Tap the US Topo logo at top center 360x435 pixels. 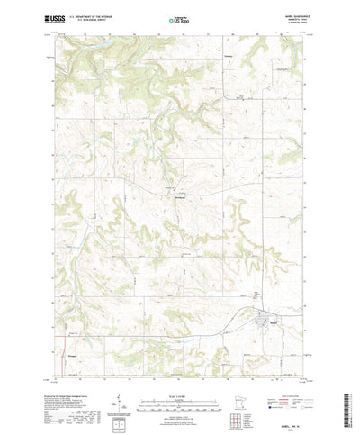pyautogui.click(x=179, y=17)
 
